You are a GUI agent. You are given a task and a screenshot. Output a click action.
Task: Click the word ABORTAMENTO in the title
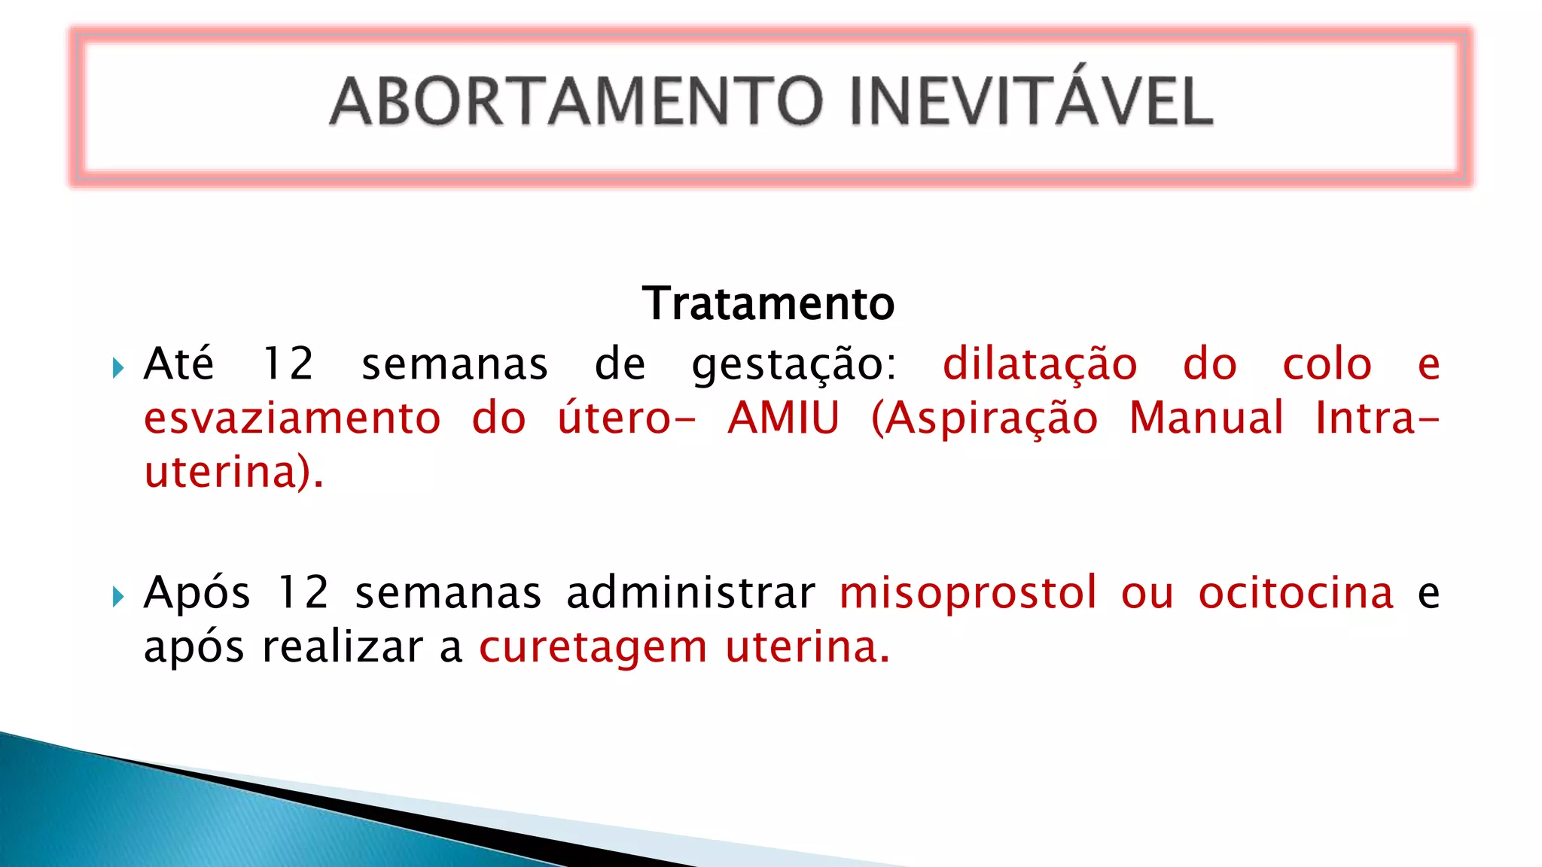(x=577, y=102)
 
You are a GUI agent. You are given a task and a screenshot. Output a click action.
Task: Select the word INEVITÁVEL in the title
(x=1031, y=102)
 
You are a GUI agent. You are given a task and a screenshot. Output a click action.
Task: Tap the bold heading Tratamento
(x=768, y=303)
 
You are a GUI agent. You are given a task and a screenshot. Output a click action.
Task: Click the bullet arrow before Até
(x=117, y=368)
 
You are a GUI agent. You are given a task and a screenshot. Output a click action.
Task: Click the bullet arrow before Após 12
(x=117, y=597)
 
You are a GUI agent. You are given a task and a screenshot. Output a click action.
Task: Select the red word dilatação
(x=1039, y=364)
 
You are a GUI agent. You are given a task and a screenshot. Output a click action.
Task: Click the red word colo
(x=1327, y=364)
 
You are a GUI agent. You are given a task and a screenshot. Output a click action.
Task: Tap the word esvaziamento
(x=292, y=418)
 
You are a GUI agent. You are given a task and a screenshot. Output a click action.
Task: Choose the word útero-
(x=626, y=418)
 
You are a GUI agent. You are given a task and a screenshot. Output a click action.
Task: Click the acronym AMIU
(x=783, y=418)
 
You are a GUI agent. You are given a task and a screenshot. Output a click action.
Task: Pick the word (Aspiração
(x=984, y=420)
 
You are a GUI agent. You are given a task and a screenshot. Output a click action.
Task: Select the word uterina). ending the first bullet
(x=233, y=473)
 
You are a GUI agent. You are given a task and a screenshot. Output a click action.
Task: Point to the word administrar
(x=690, y=593)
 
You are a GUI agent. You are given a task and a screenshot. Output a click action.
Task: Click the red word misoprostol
(x=968, y=595)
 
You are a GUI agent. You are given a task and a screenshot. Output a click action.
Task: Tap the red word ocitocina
(x=1296, y=593)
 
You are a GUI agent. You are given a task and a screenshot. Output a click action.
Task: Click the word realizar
(x=343, y=647)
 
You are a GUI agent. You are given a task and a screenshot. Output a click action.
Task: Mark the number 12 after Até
(x=287, y=364)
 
